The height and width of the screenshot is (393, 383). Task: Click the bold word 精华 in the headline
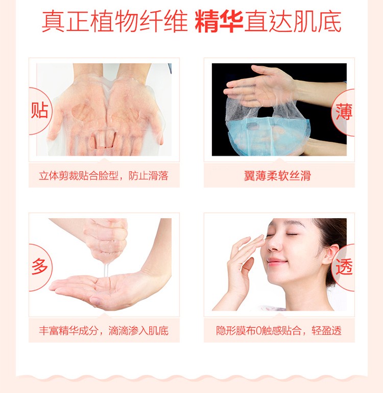click(x=219, y=22)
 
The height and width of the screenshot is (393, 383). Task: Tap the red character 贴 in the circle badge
click(x=39, y=110)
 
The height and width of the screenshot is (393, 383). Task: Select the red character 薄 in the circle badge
click(x=344, y=112)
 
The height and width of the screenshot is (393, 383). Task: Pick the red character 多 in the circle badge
click(x=40, y=266)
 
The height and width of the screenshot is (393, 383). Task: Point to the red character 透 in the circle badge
click(x=344, y=267)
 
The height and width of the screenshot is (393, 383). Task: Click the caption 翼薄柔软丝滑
click(x=277, y=176)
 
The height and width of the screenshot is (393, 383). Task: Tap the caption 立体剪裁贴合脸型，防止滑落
click(x=104, y=176)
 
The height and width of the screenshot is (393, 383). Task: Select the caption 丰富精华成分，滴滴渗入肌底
click(x=104, y=331)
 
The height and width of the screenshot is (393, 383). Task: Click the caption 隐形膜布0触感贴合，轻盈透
click(x=279, y=331)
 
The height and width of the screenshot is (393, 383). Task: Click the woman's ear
click(x=330, y=254)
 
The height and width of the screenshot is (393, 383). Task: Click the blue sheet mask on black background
click(x=268, y=136)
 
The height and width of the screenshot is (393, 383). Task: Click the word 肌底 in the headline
click(x=317, y=22)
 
